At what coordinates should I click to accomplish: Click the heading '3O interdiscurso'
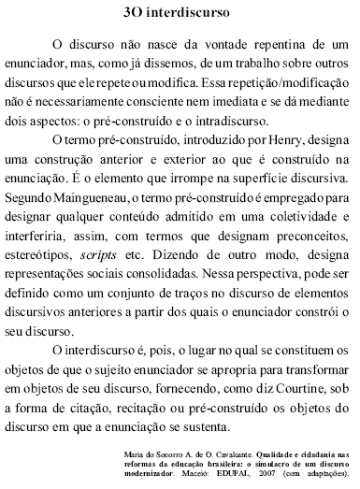(180, 14)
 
